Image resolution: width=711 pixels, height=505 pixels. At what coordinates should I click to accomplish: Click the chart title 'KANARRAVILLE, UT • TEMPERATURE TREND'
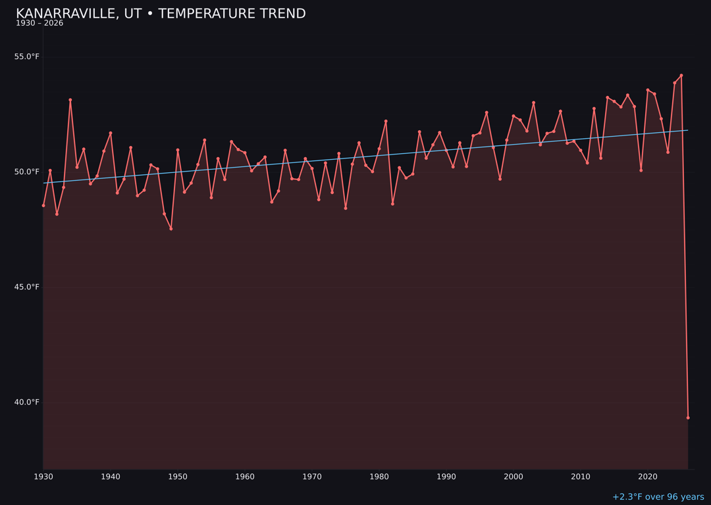click(161, 14)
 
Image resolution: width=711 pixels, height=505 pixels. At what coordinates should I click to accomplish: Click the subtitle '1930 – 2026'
click(39, 24)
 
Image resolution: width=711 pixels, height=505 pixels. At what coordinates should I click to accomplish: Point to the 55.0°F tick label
click(27, 57)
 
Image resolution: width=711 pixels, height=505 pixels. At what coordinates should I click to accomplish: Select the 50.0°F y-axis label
click(27, 172)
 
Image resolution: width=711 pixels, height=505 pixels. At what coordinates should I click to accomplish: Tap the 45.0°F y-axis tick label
click(27, 287)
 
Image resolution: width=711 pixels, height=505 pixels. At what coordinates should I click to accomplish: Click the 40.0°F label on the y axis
click(27, 402)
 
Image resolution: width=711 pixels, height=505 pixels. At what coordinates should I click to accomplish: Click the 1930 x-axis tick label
click(43, 476)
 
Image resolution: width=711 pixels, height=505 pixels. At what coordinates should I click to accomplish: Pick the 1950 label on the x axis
click(178, 476)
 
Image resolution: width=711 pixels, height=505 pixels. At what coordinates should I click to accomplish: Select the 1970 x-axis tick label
click(312, 476)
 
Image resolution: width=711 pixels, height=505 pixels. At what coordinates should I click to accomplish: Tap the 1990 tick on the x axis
click(446, 476)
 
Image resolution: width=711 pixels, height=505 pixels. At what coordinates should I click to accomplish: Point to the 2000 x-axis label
click(513, 476)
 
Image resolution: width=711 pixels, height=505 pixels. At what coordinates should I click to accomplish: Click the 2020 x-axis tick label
click(648, 476)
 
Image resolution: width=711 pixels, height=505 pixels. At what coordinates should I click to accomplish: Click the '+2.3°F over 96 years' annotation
click(658, 497)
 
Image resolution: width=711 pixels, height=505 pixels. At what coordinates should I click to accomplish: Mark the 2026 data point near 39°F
click(688, 418)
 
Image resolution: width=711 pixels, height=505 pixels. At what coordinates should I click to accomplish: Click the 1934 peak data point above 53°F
click(70, 100)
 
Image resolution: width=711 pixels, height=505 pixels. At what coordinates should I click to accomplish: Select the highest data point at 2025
click(681, 76)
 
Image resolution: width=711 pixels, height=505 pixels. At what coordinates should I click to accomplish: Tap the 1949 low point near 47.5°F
click(171, 229)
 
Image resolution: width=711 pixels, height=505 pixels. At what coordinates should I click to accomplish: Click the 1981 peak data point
click(386, 121)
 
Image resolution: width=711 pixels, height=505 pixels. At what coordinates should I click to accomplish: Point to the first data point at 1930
click(43, 205)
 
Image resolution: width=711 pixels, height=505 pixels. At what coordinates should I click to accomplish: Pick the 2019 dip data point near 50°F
click(641, 170)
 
